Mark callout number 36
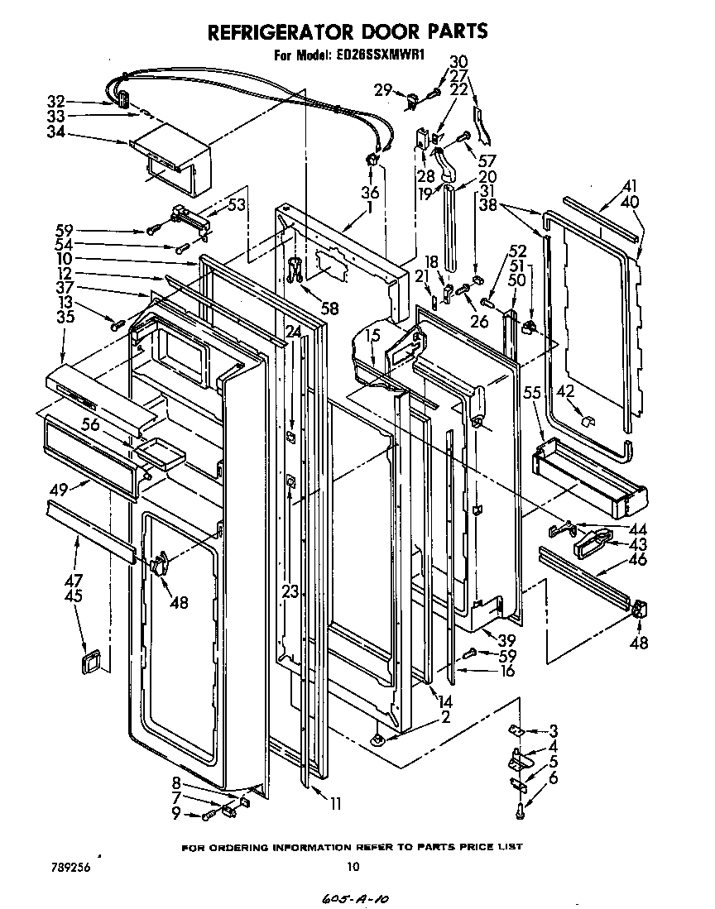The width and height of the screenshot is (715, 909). coord(369,193)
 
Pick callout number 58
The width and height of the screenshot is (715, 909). coord(329,309)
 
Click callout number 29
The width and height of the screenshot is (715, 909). coord(381,90)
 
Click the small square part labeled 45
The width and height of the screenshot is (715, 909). coord(88,662)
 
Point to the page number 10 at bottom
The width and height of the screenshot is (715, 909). coord(353,867)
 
